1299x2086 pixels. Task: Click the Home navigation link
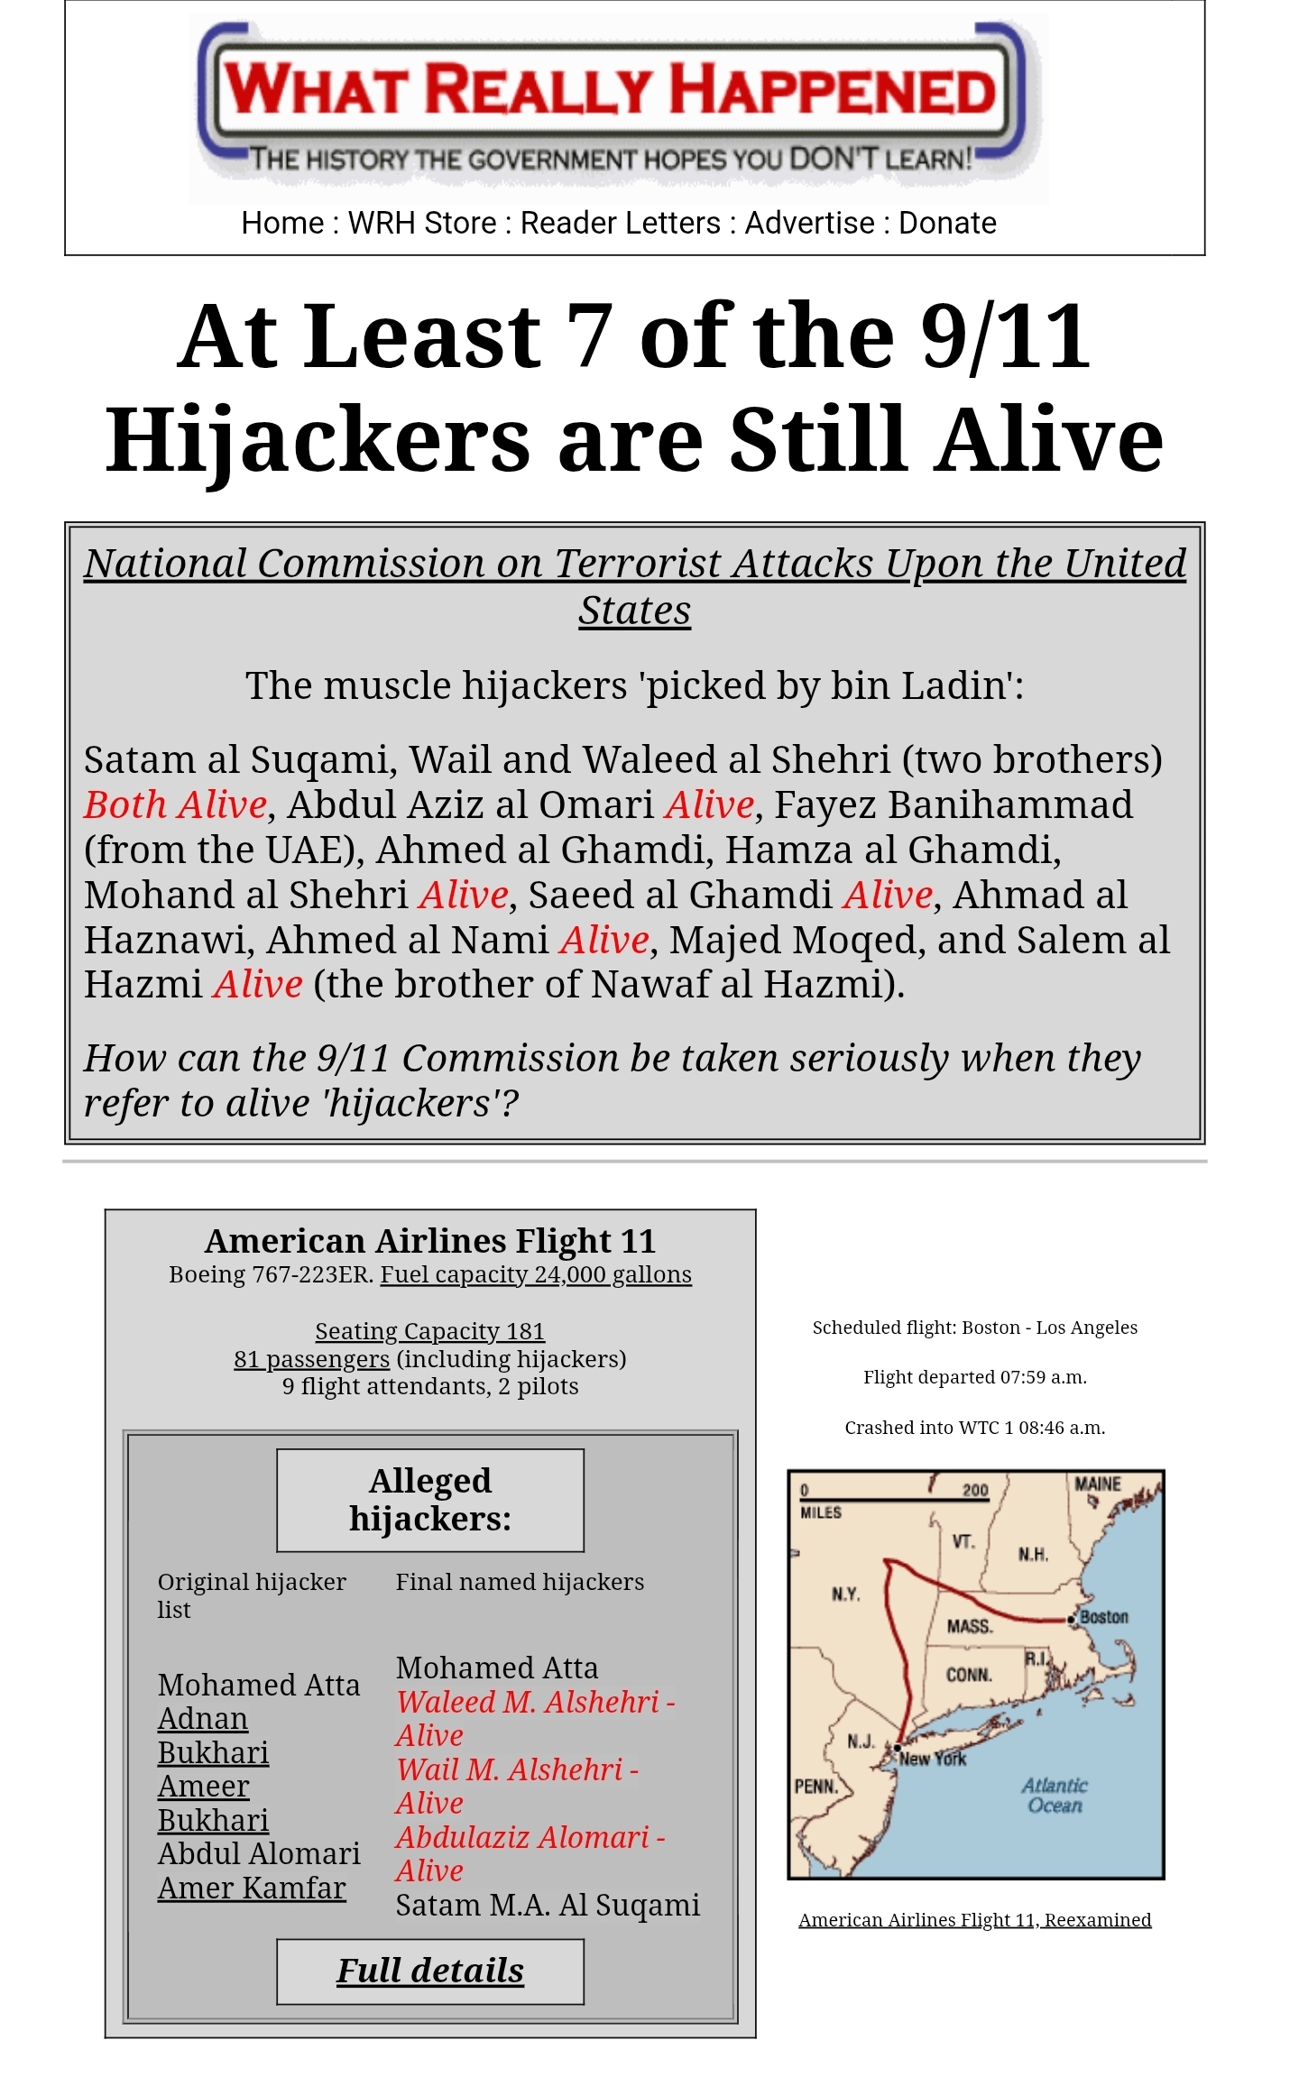point(282,223)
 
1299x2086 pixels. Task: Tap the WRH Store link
point(422,223)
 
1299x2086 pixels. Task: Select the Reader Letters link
point(621,223)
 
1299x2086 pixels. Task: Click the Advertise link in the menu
point(809,223)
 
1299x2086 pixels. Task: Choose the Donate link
point(947,223)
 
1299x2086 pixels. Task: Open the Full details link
point(430,1971)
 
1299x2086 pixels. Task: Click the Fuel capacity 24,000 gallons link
point(536,1274)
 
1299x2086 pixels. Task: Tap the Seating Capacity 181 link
point(429,1331)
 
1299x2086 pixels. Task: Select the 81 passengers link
point(311,1359)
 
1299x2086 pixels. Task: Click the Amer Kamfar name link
point(252,1888)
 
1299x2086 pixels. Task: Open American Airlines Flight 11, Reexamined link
point(974,1920)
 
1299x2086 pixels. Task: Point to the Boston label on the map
point(1103,1617)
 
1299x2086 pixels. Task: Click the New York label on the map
point(933,1759)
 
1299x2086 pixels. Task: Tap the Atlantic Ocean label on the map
point(1055,1795)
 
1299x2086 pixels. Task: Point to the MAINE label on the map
point(1097,1484)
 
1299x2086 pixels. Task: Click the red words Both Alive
point(176,804)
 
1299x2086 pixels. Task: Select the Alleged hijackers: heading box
point(430,1500)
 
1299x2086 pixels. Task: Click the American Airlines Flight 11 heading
point(430,1241)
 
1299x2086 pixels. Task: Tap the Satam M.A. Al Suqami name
point(548,1905)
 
